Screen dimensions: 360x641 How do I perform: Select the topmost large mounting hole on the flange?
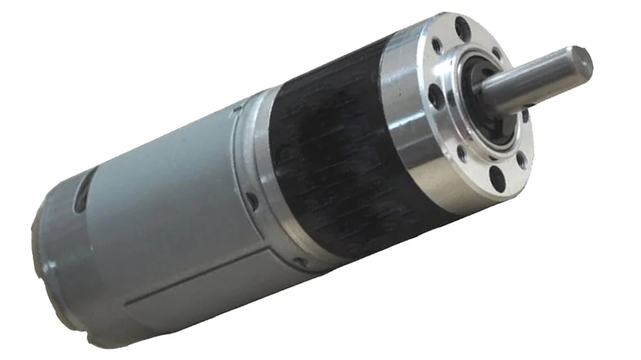461,28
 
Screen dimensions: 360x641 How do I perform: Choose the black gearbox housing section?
329,161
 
